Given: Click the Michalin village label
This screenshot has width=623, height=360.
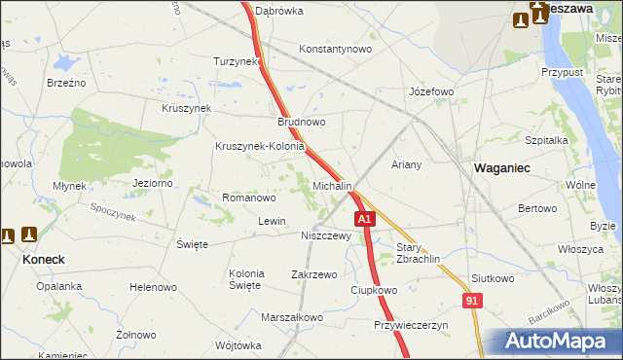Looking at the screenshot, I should tap(332, 185).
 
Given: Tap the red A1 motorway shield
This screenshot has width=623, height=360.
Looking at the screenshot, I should tap(364, 221).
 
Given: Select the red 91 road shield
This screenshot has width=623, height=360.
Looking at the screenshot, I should tap(472, 303).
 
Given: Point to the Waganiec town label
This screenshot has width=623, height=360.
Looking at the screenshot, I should tap(501, 167).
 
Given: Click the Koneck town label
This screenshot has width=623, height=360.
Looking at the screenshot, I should tap(44, 260).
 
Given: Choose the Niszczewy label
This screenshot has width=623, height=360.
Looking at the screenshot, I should tap(325, 235).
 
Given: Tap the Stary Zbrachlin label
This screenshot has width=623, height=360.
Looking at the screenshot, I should tap(419, 253).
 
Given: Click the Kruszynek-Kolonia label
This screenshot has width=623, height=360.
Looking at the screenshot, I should tap(260, 147).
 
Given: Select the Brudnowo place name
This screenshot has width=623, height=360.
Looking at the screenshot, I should tap(301, 123).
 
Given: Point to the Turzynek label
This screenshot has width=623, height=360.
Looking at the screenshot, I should tap(237, 61).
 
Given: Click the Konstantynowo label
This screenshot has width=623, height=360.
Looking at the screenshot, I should tap(336, 49).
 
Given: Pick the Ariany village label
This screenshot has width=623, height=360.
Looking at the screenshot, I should tap(406, 164).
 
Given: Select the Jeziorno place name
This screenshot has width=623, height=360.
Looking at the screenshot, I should tap(152, 182).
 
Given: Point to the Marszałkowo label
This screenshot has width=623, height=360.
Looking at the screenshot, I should tap(292, 317).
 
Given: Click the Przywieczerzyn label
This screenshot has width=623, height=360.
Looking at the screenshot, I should tap(410, 325).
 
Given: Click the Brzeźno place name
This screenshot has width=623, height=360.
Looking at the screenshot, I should tap(66, 83).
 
